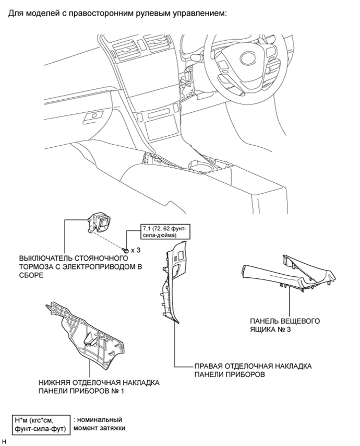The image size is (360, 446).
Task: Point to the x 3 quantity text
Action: [x=137, y=250]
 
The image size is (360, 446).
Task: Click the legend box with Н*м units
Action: [x=41, y=425]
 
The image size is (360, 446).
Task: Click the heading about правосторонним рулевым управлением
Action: [x=117, y=12]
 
